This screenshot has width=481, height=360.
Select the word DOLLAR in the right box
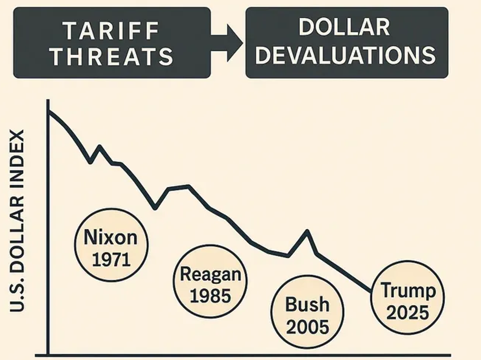point(344,28)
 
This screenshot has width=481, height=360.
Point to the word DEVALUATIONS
point(346,55)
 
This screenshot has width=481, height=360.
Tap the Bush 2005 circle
point(307,315)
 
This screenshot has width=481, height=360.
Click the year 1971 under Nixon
point(111,259)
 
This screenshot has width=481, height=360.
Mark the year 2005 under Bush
point(307,326)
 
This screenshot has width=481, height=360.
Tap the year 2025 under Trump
point(408,312)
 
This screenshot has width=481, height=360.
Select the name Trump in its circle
point(408,290)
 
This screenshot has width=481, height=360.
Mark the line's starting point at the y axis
point(49,111)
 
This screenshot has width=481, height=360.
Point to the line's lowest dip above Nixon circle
point(155,208)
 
